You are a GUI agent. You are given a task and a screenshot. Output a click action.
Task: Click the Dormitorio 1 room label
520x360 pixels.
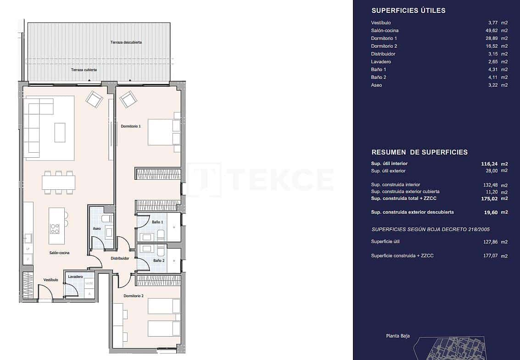point(130,126)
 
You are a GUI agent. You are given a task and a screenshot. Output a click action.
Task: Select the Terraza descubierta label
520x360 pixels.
point(126,42)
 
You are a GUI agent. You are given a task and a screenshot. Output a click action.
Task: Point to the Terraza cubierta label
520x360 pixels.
point(84,70)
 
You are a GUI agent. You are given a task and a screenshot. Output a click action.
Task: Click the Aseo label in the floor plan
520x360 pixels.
point(97,228)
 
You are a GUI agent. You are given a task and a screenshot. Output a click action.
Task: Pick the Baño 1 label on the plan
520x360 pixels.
point(158,222)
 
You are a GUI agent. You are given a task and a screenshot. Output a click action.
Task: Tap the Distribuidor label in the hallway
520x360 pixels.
point(120,258)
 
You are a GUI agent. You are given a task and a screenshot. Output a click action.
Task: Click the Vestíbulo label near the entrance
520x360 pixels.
point(50,279)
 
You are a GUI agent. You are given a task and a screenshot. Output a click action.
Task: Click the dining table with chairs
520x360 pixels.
point(58,182)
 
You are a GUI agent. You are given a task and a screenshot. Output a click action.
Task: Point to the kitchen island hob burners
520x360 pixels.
point(55,228)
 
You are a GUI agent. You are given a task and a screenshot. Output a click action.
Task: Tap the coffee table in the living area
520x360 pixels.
point(60,132)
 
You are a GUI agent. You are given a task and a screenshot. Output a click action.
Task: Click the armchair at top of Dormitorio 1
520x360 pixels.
point(128,99)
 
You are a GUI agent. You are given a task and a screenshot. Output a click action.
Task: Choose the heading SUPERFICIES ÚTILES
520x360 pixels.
point(408,11)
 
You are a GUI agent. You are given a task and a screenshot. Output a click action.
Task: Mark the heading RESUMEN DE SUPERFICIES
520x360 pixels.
point(419,152)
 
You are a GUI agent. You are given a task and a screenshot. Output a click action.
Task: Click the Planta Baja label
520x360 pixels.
point(397,336)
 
